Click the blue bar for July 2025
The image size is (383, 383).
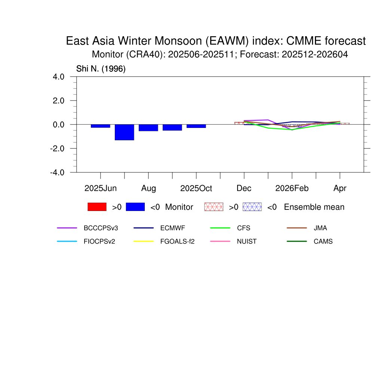124,132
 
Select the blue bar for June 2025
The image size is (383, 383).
100,126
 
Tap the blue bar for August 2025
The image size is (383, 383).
148,128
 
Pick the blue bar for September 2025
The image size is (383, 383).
172,128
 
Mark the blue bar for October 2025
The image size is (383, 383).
196,126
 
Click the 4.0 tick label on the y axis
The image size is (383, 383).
59,77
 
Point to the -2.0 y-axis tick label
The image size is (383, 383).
57,148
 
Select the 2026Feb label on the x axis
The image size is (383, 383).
292,189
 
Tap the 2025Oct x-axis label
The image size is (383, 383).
196,189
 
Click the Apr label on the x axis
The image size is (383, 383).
340,189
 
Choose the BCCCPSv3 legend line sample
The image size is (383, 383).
67,228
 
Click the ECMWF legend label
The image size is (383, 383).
173,228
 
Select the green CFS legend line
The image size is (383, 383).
220,228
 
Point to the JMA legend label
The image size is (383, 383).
320,228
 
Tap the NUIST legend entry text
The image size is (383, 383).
247,242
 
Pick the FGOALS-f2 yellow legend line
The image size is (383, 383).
144,241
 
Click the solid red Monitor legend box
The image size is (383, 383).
97,207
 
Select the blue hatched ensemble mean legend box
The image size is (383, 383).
252,207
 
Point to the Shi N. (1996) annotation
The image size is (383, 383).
101,69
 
